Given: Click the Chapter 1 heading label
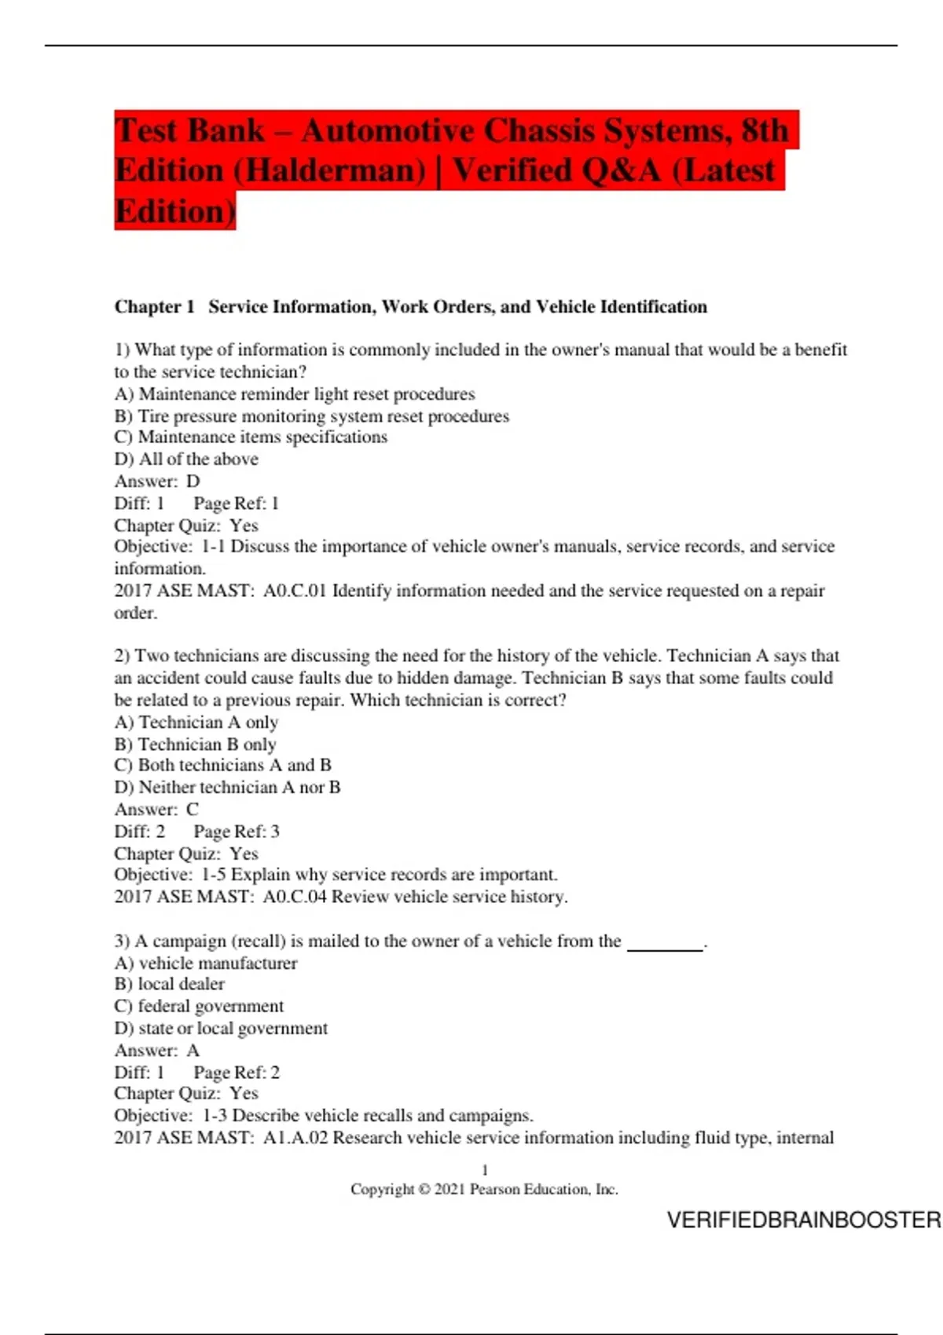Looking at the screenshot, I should point(154,307).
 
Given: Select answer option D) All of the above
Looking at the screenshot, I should point(186,459).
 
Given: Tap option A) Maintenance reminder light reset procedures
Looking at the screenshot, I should point(295,394).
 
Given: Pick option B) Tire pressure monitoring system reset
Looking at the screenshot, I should point(312,416).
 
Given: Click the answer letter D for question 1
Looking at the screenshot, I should point(193,481).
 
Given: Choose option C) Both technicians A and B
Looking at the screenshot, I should point(223,766).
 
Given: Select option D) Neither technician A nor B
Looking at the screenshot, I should point(227,788).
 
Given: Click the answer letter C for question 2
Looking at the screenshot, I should point(193,810).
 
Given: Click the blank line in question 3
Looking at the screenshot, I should point(665,945).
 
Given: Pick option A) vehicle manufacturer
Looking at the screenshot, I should point(206,964).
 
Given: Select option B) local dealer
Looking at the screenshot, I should point(170,985).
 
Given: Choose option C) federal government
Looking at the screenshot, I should point(199,1007).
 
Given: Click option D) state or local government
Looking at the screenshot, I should point(221,1029).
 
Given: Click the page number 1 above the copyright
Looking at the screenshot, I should point(485,1170).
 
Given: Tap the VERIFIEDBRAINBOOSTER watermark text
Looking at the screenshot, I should point(803,1220).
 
